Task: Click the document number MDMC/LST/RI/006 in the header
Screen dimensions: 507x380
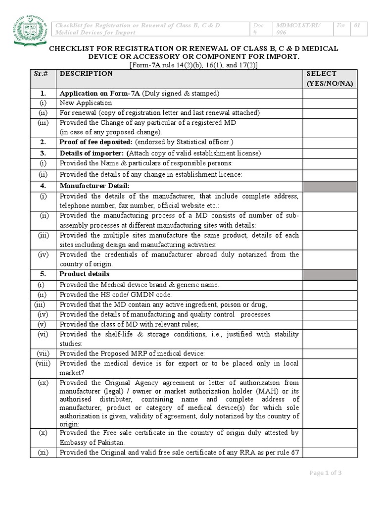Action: point(295,29)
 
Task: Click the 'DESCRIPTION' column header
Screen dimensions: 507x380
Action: point(86,74)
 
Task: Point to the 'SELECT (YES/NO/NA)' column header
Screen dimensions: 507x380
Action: point(330,79)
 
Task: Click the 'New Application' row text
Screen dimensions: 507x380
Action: point(86,103)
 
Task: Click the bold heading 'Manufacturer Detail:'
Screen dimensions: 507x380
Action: point(95,185)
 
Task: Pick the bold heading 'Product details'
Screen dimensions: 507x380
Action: point(85,274)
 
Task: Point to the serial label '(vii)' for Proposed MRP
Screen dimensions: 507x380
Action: point(43,353)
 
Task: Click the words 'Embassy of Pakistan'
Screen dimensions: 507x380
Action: point(92,442)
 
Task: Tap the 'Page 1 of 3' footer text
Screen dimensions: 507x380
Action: point(326,473)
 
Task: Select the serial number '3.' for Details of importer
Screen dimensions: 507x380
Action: point(43,153)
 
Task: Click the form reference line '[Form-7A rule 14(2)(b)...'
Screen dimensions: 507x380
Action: point(193,65)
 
